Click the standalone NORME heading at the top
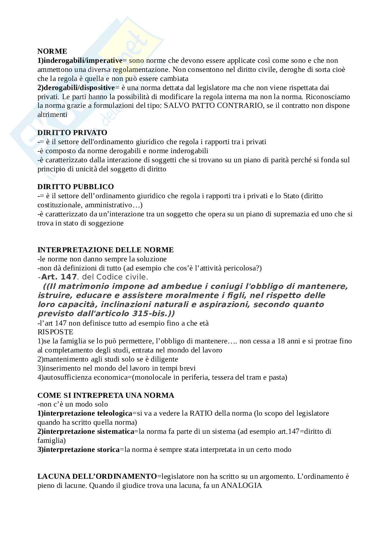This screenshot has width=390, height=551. point(52,52)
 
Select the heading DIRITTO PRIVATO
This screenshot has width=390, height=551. point(72,133)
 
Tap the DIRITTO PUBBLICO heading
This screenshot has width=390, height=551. point(75,187)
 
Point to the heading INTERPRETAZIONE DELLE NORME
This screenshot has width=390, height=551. point(106,250)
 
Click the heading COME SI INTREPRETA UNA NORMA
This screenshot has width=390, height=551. point(106,395)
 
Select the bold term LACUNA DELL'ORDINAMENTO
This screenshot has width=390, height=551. point(97,476)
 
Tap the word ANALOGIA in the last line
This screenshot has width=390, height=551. point(241,485)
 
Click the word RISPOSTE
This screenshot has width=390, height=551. point(55,332)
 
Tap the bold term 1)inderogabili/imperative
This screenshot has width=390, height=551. point(80,61)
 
